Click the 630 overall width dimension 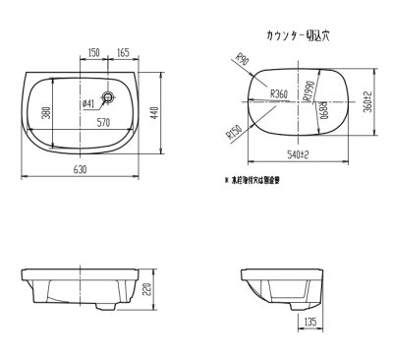(x=91, y=169)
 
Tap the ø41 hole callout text (x=86, y=103)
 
